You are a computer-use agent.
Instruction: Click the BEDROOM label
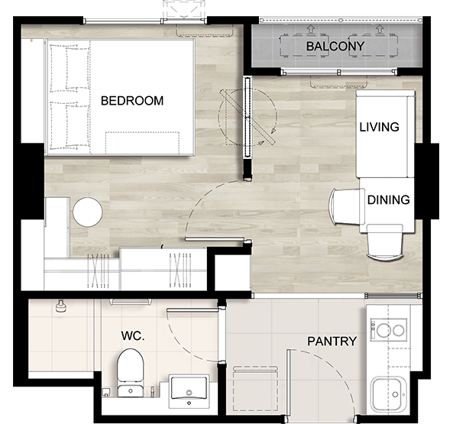[x=132, y=101]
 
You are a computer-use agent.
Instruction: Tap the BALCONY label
[x=335, y=46]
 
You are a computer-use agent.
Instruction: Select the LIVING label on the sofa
[x=379, y=127]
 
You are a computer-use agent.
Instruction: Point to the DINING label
[x=388, y=200]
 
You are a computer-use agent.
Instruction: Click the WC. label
[x=133, y=335]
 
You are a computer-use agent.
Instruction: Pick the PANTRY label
[x=332, y=341]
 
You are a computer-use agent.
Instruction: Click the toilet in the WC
[x=131, y=373]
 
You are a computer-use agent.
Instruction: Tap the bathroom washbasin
[x=189, y=391]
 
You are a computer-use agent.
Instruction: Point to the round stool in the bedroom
[x=88, y=212]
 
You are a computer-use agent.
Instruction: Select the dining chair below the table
[x=384, y=243]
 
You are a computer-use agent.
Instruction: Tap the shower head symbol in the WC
[x=60, y=306]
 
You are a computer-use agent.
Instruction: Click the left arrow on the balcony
[x=311, y=29]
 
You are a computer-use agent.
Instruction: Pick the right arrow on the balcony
[x=380, y=29]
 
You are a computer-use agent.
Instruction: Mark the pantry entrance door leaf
[x=288, y=383]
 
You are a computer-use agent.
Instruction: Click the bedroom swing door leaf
[x=215, y=239]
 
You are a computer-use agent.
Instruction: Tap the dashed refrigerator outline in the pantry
[x=255, y=388]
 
